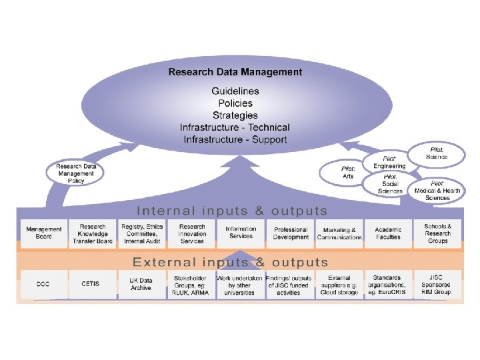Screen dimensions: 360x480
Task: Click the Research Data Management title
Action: pos(235,72)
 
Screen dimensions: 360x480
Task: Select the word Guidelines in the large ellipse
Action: pos(235,91)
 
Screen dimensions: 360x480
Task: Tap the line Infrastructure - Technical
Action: pos(235,127)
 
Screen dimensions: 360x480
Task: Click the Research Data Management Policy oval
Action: pos(75,173)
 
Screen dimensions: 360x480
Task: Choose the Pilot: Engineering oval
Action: pos(389,162)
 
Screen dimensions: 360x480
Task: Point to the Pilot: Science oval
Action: pos(437,153)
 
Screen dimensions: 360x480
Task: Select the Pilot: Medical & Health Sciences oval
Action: pos(437,190)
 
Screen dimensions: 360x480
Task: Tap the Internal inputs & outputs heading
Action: pos(232,211)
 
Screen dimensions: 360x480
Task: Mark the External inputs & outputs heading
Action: pos(231,262)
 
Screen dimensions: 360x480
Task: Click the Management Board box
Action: pos(43,233)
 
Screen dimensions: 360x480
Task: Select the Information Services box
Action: pos(240,233)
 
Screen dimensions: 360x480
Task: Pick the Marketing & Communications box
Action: pos(339,233)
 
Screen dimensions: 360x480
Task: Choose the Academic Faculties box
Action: pos(388,233)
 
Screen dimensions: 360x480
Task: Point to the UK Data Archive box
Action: pos(141,284)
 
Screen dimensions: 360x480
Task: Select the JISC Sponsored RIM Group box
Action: pos(437,284)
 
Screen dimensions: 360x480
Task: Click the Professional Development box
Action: pos(291,233)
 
